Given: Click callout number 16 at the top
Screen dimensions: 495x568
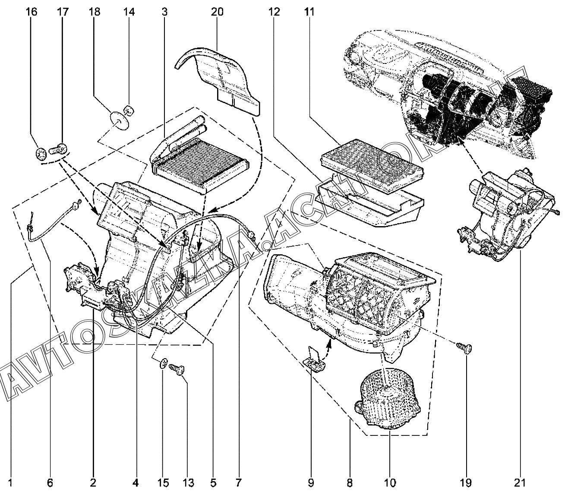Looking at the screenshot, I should point(32,12).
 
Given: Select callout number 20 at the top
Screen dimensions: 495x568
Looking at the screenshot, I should point(218,12).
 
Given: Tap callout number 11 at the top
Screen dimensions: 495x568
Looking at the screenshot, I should point(309,12).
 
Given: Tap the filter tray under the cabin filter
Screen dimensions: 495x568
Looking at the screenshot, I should point(369,203).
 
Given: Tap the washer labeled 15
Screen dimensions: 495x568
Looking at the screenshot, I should point(164,363).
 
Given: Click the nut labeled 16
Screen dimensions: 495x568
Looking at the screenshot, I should point(41,153).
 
